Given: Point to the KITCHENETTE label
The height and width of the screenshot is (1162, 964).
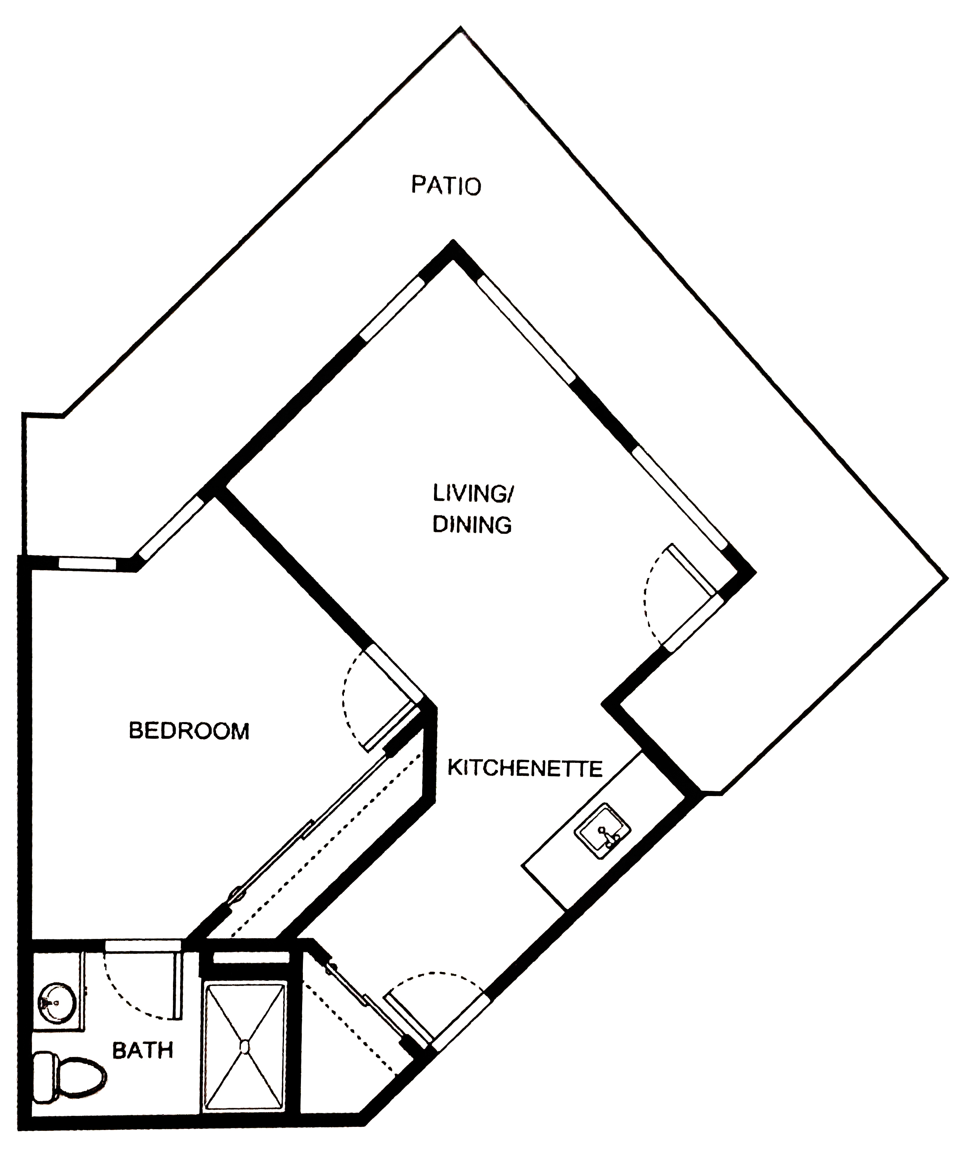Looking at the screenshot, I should (524, 769).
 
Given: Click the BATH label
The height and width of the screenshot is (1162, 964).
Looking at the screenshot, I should (143, 1050).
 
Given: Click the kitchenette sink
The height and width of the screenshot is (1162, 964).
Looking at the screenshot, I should (603, 832).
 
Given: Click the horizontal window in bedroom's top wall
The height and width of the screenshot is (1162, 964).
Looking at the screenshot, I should (87, 563).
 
